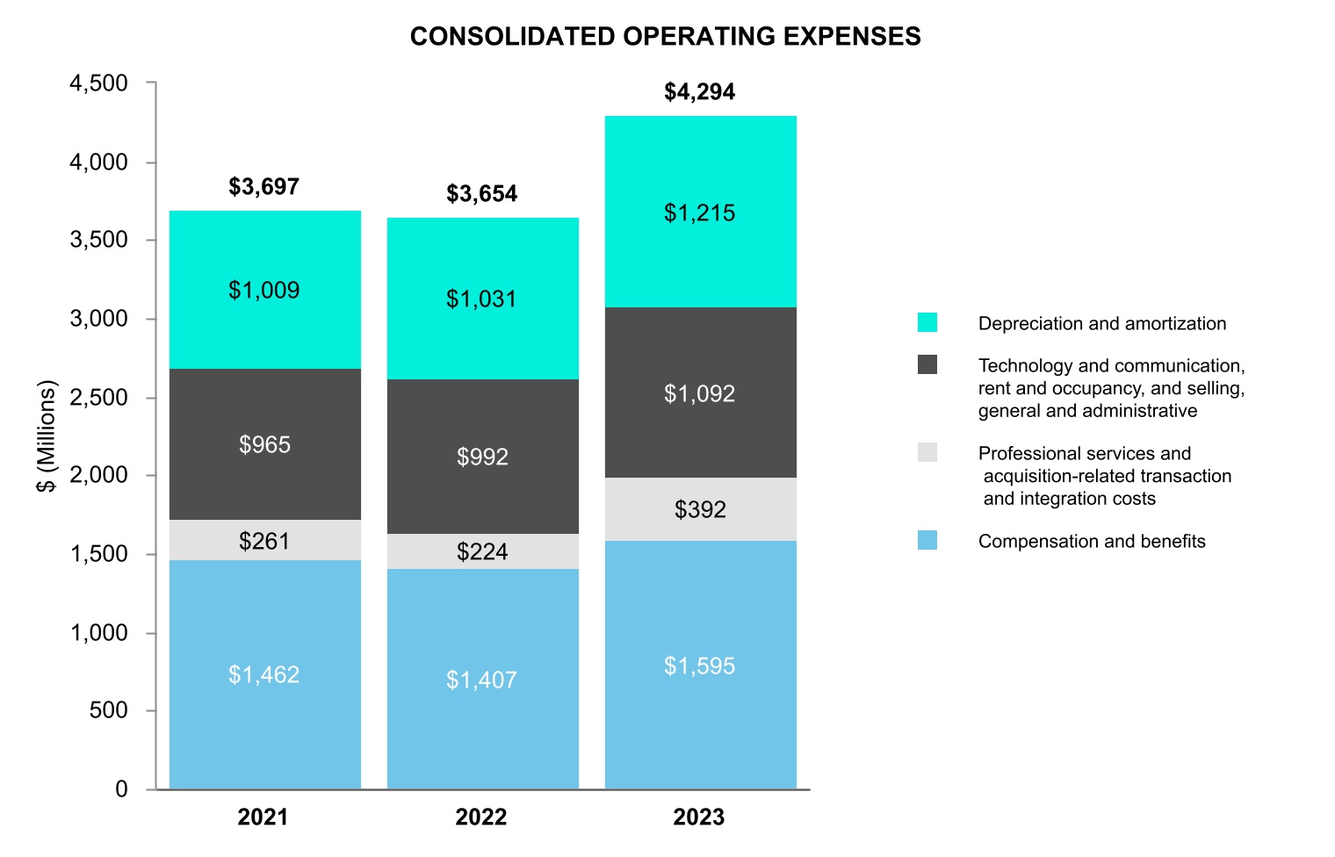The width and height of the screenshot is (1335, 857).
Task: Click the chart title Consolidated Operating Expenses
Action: [x=665, y=36]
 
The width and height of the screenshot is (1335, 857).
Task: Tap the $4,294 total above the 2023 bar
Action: [x=699, y=92]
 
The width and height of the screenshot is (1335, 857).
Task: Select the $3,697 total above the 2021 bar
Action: [x=263, y=187]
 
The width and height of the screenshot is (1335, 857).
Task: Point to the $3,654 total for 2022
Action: [x=481, y=194]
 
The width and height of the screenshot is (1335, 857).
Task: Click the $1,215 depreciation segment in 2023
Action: [x=700, y=213]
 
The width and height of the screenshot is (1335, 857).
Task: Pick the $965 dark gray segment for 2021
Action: [x=264, y=444]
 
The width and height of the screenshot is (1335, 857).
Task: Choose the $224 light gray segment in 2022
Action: [x=482, y=551]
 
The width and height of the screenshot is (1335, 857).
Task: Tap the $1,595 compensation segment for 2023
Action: [x=700, y=666]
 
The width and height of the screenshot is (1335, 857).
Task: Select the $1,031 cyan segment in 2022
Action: [x=481, y=299]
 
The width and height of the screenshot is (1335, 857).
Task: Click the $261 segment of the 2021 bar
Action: [x=264, y=541]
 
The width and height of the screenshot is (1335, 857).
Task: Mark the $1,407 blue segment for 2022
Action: [x=481, y=680]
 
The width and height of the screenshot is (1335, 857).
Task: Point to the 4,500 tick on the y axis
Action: [x=99, y=83]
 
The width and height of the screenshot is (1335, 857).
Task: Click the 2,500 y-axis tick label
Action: [x=99, y=398]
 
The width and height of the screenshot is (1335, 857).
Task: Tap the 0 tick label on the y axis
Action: [x=121, y=789]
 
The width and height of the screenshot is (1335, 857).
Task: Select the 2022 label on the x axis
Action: [x=481, y=817]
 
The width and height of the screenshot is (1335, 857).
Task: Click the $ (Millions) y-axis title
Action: [x=46, y=436]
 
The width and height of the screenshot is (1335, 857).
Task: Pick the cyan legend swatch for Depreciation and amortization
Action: [x=927, y=322]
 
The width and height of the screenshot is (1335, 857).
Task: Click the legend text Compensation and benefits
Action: [x=1092, y=541]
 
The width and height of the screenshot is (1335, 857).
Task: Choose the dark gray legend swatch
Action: [x=927, y=364]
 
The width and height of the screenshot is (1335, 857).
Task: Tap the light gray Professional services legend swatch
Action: [x=927, y=452]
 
